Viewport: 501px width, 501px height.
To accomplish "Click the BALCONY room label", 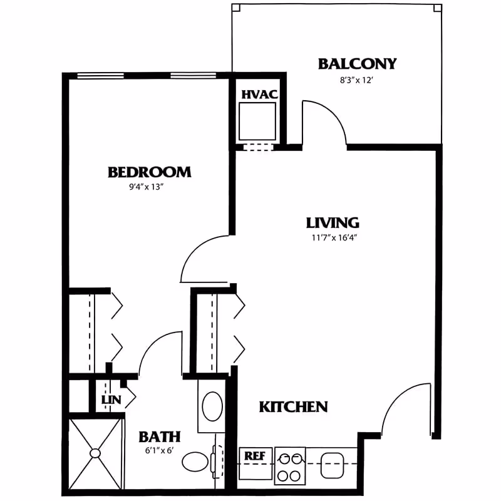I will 357,64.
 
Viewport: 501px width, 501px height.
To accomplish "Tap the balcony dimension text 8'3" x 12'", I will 357,80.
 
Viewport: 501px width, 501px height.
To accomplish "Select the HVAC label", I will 259,95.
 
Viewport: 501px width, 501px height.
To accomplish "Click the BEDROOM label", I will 149,172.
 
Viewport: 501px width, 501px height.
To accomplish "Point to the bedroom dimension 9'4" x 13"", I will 149,187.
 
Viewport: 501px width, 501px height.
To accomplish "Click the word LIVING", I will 332,222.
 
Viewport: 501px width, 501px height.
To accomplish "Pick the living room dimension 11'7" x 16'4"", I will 332,237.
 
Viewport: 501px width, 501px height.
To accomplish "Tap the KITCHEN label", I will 293,407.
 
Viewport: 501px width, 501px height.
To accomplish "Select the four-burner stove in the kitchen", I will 290,465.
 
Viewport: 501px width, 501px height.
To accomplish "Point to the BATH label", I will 159,436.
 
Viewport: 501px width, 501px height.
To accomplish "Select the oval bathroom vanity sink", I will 212,406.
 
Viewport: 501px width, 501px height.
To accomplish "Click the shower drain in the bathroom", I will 96,453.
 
